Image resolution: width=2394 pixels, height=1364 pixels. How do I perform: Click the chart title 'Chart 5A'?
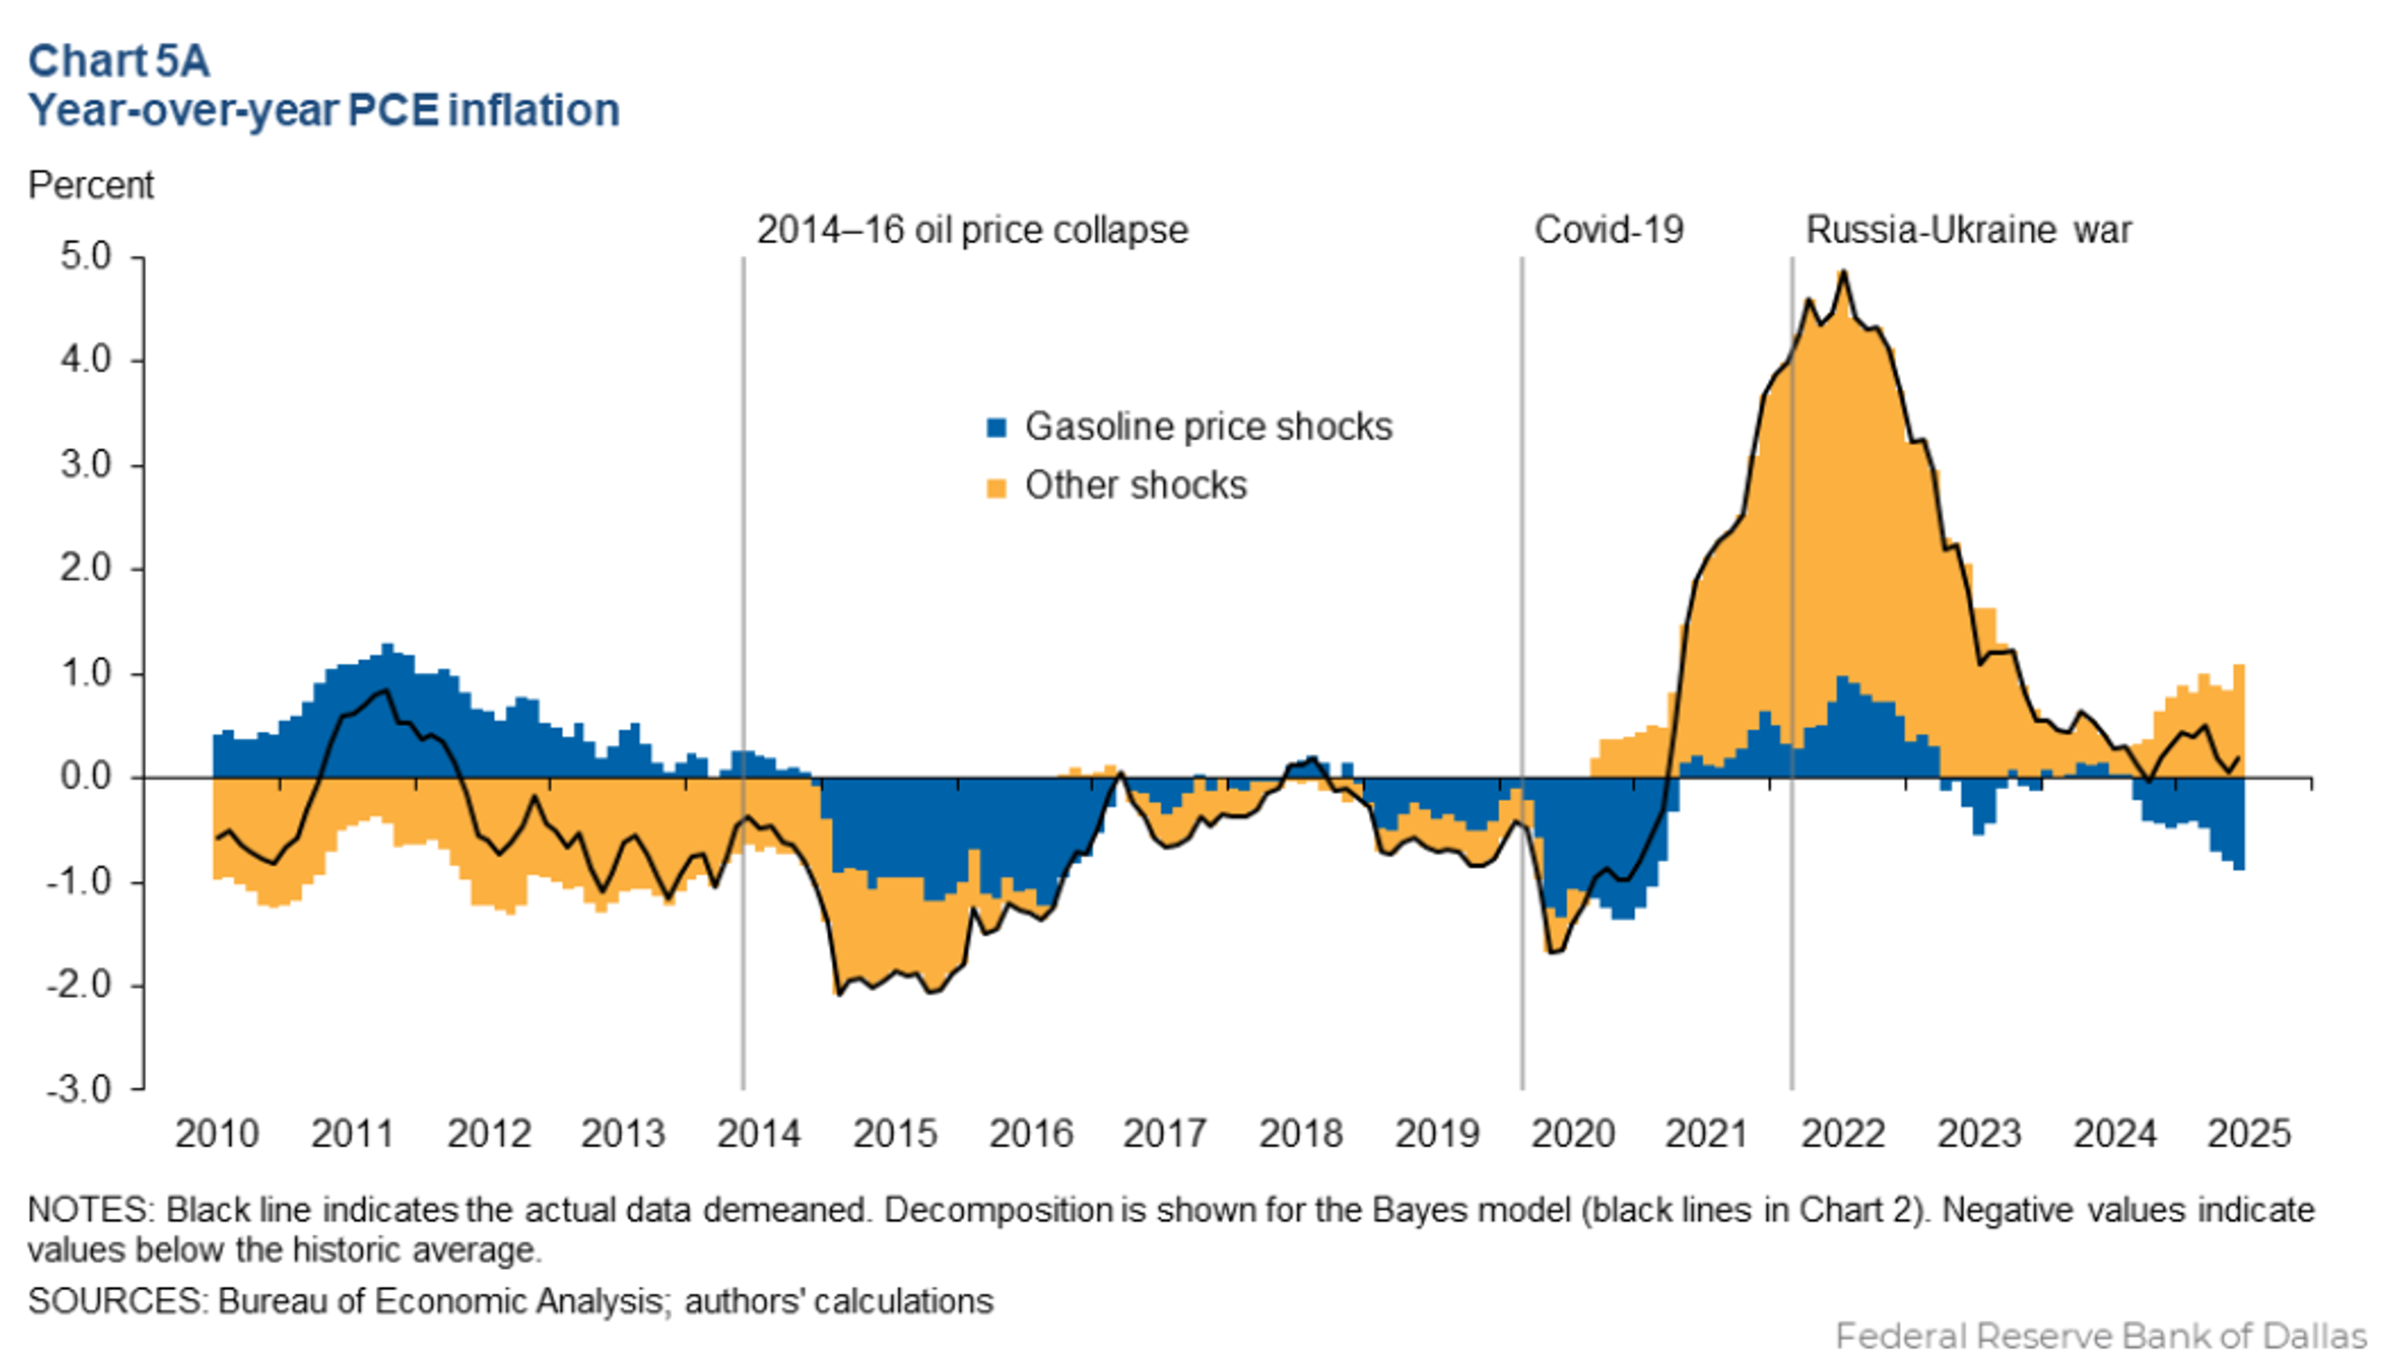pyautogui.click(x=119, y=62)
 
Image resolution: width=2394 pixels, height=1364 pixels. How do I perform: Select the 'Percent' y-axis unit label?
pyautogui.click(x=91, y=186)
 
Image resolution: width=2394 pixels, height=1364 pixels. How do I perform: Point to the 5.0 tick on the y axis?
pyautogui.click(x=86, y=255)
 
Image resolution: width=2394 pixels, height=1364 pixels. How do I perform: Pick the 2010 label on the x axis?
pyautogui.click(x=216, y=1133)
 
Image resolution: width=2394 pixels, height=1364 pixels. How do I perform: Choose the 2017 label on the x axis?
pyautogui.click(x=1165, y=1133)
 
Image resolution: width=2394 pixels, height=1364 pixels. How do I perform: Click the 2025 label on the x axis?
pyautogui.click(x=2249, y=1133)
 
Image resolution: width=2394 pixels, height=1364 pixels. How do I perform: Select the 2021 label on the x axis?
pyautogui.click(x=1706, y=1133)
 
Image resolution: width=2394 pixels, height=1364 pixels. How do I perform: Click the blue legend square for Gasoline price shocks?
pyautogui.click(x=997, y=428)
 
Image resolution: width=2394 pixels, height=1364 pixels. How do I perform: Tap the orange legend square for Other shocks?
pyautogui.click(x=997, y=487)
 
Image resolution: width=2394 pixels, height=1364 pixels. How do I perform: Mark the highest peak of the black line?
pyautogui.click(x=1843, y=272)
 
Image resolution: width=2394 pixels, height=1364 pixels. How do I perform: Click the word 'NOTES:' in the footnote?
pyautogui.click(x=91, y=1210)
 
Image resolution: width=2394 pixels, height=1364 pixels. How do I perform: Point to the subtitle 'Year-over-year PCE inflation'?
pyautogui.click(x=324, y=110)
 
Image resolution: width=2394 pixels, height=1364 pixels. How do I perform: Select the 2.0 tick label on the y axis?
pyautogui.click(x=86, y=569)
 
